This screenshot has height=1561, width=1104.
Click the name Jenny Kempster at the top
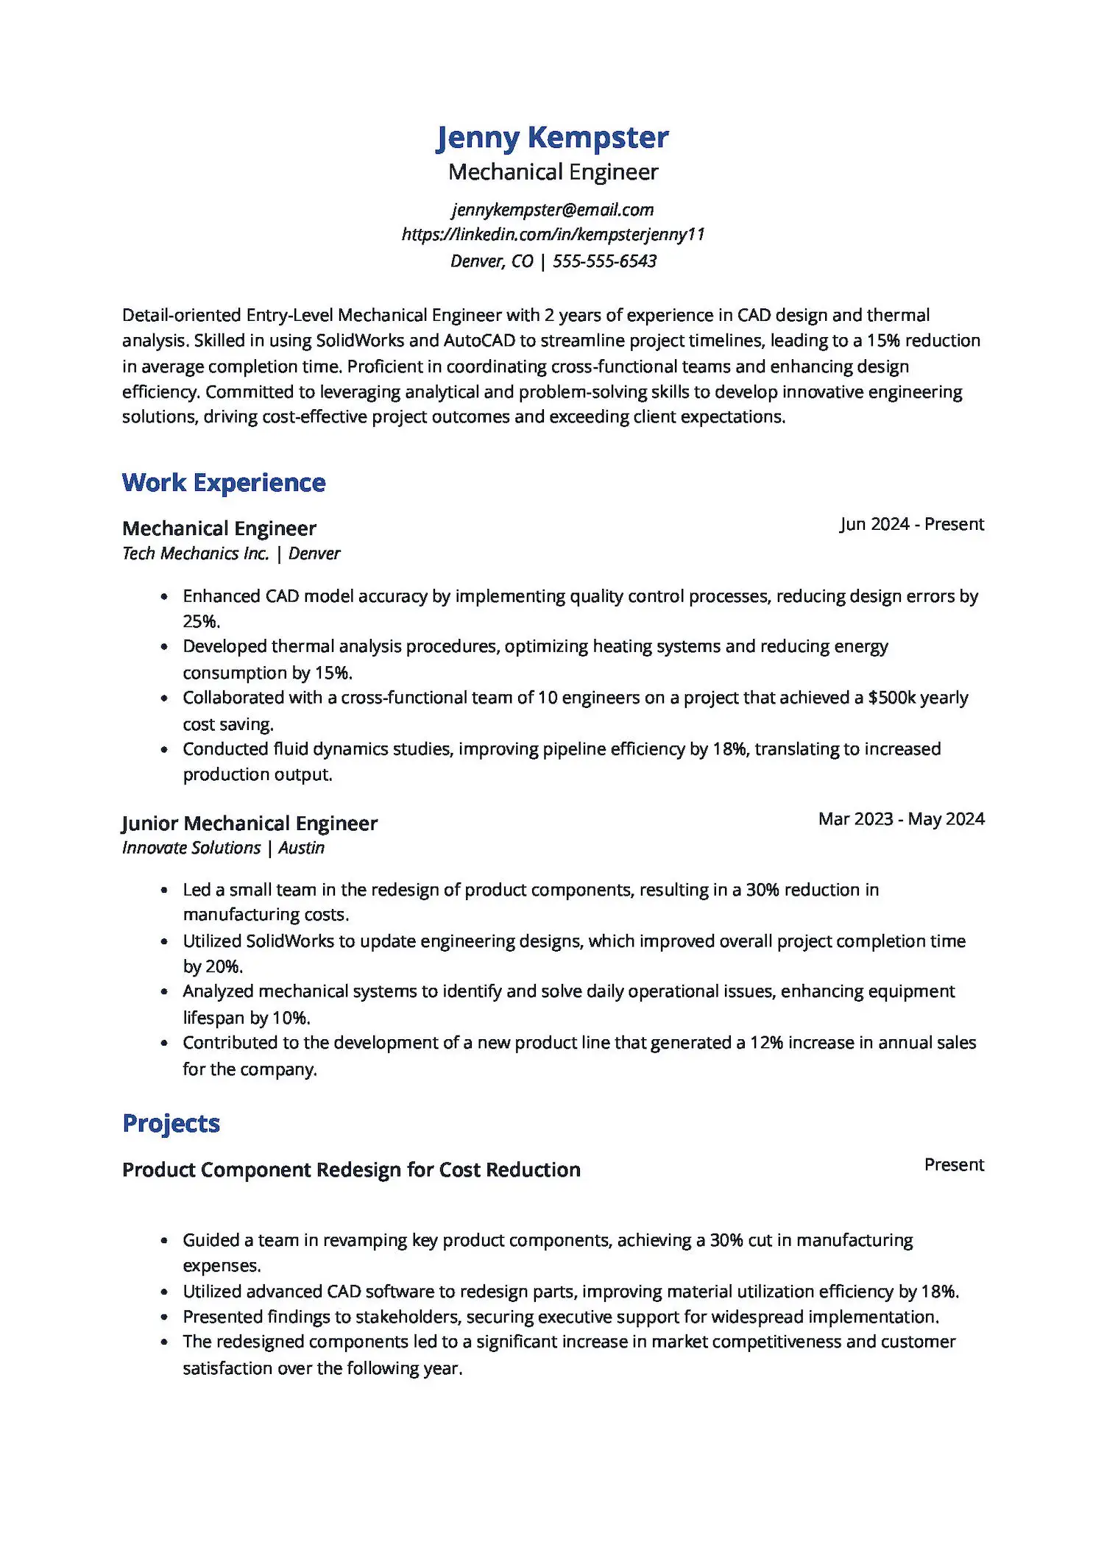552,138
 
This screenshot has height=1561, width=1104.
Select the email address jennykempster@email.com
552,210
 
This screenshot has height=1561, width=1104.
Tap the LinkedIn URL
552,235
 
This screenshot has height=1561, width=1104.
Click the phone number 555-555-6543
604,261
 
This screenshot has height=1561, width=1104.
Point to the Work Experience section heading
224,483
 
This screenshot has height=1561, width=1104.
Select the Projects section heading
171,1123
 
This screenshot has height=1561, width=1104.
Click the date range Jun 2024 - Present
911,524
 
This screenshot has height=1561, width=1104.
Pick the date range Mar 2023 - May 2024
901,819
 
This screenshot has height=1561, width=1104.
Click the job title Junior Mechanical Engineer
250,823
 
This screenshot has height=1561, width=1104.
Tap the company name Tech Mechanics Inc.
195,553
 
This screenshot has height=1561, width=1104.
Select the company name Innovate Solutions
191,848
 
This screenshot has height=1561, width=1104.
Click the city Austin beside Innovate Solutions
301,848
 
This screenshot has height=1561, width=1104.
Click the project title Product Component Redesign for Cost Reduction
351,1169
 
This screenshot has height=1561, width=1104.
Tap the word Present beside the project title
954,1165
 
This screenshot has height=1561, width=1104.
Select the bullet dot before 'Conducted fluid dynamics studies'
164,749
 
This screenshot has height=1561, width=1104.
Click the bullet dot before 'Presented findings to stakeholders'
164,1317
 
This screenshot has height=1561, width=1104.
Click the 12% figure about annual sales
766,1043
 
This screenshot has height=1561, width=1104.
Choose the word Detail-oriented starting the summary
182,316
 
